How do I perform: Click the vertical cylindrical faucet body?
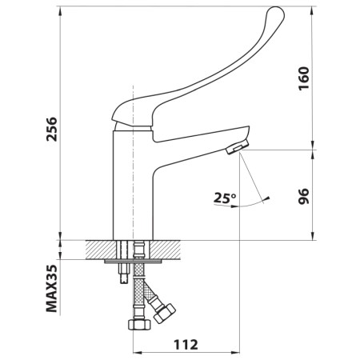(x=133, y=184)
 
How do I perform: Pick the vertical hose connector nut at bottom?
(x=138, y=326)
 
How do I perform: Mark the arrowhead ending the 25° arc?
(x=269, y=198)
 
